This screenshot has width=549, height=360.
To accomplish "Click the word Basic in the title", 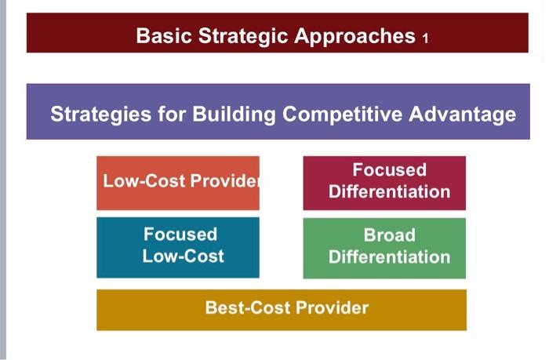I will click(162, 36).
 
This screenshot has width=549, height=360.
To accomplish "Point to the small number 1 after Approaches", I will click(424, 38).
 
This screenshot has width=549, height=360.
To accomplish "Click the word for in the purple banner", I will click(174, 115).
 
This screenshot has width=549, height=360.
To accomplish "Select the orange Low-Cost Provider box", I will click(178, 183).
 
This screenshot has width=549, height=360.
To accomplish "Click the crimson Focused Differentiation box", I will click(384, 183).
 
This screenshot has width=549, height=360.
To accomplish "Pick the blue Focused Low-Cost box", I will click(178, 248).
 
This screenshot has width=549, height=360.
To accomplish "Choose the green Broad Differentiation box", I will click(384, 248).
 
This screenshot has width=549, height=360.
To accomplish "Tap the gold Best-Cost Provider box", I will click(281, 309).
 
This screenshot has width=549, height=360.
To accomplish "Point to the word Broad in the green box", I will click(389, 235).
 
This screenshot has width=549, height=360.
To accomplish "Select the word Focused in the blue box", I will click(180, 235).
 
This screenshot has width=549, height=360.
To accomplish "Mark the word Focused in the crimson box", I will click(389, 170).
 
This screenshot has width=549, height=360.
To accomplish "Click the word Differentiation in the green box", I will click(389, 257).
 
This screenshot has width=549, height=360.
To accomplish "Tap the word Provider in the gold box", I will click(333, 307).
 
